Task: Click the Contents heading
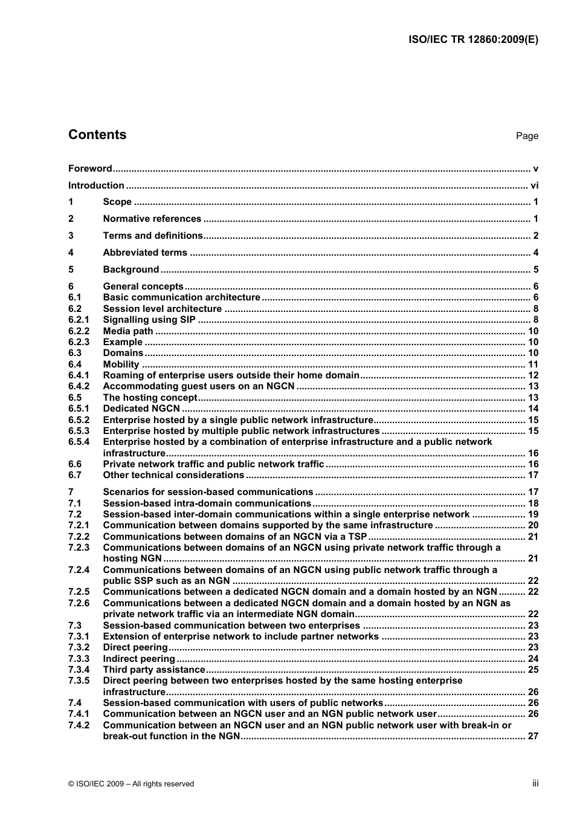pos(97,135)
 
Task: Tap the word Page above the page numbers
pos(527,136)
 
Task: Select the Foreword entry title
pos(90,169)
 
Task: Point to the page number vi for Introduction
pos(534,186)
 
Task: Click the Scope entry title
pos(117,202)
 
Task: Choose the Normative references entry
pos(152,219)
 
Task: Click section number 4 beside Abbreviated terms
pos(71,253)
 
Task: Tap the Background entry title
pos(131,270)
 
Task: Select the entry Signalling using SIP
pos(149,320)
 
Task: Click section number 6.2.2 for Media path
pos(79,331)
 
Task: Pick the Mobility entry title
pos(121,364)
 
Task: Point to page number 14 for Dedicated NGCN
pos(533,409)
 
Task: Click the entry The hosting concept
pos(150,398)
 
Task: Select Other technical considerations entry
pos(173,475)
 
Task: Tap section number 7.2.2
pos(79,537)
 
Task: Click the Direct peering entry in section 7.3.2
pos(135,647)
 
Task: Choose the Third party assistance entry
pos(154,670)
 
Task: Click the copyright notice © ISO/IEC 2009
pos(131,784)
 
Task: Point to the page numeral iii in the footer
pos(535,783)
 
